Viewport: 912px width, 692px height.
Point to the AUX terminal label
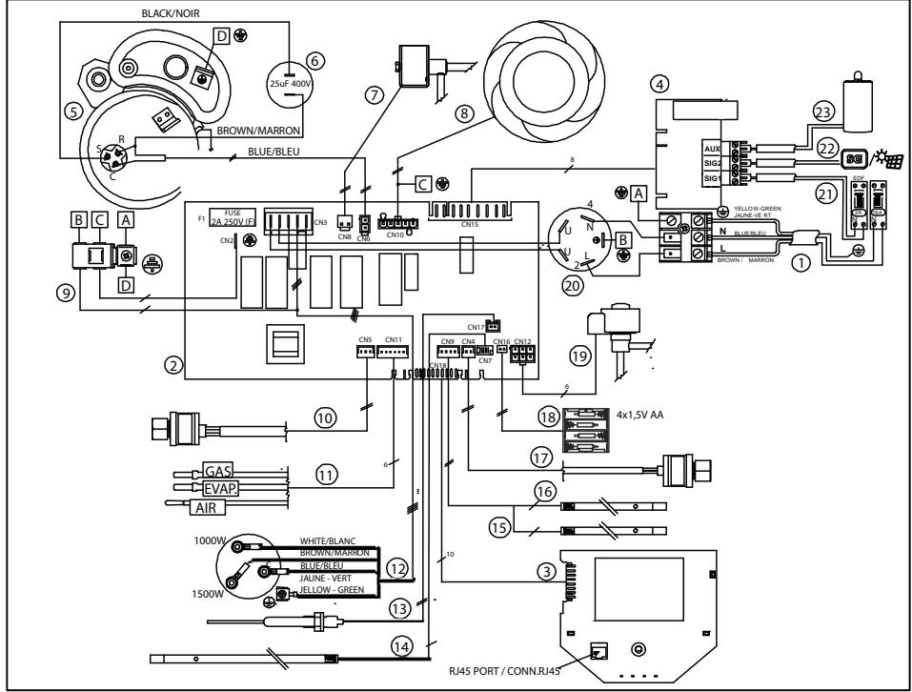pyautogui.click(x=711, y=150)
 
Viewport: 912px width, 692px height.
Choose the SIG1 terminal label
pyautogui.click(x=711, y=178)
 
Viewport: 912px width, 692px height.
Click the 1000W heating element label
pyautogui.click(x=208, y=539)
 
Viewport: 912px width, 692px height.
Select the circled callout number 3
pyautogui.click(x=546, y=571)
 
